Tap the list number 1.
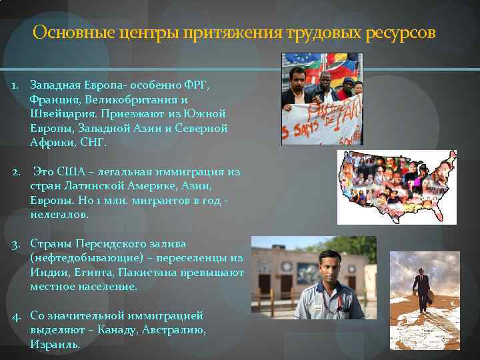click(14, 86)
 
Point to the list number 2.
click(15, 172)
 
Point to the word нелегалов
click(59, 215)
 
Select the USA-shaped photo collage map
click(397, 187)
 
